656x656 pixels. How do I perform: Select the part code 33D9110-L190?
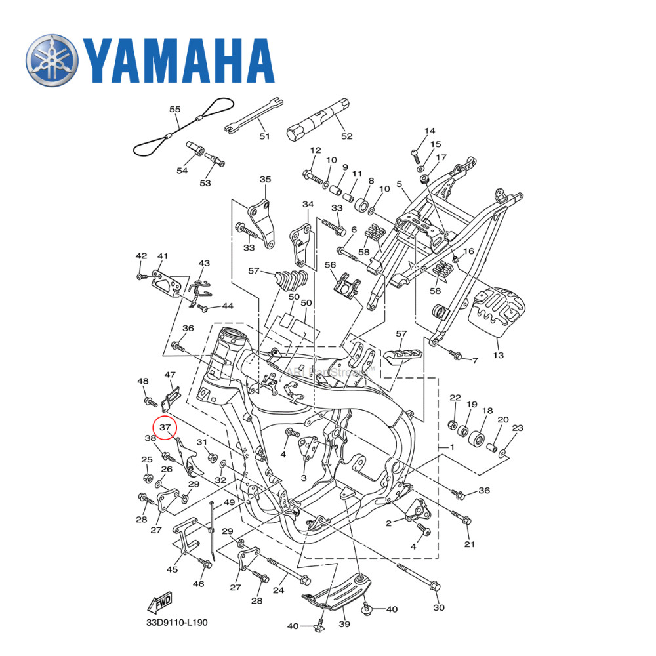point(177,622)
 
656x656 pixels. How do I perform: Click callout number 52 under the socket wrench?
point(346,136)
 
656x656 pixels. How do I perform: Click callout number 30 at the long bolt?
point(439,607)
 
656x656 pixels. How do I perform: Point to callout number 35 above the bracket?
point(265,179)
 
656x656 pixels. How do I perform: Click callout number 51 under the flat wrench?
point(264,136)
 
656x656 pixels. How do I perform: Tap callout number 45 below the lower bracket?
point(172,569)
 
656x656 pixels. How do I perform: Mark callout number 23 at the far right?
point(518,428)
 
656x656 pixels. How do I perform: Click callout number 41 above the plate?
point(163,256)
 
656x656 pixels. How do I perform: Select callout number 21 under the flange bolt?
point(469,544)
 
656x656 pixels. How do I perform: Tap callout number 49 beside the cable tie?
point(229,502)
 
